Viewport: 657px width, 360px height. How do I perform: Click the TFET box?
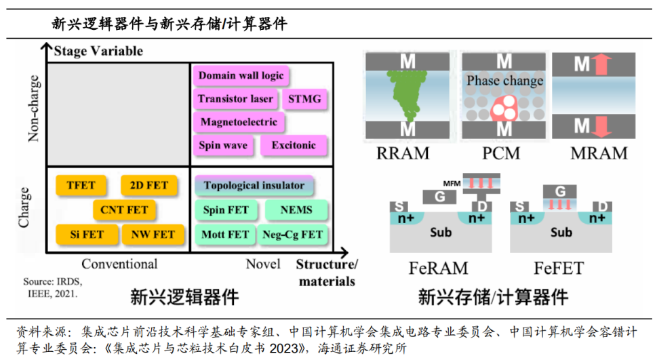[x=81, y=185]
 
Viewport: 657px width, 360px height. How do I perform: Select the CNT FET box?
[x=124, y=210]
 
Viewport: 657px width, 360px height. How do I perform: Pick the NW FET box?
[x=153, y=235]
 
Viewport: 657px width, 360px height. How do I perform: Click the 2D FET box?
[x=148, y=185]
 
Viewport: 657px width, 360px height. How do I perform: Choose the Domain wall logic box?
[x=241, y=76]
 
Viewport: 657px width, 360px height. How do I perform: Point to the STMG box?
[x=304, y=99]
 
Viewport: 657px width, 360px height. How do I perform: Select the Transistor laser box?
[x=235, y=99]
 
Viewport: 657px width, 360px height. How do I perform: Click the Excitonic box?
[x=294, y=145]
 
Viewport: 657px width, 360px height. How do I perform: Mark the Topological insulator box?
[x=254, y=185]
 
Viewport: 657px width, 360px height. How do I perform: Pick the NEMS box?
[x=296, y=210]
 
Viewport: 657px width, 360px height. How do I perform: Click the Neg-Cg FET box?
[x=292, y=235]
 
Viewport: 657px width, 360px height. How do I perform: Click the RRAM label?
[x=403, y=153]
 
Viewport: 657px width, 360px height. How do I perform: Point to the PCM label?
[x=503, y=153]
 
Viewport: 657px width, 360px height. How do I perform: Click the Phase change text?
[x=504, y=81]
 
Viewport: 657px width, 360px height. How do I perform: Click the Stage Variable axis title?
[x=98, y=51]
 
